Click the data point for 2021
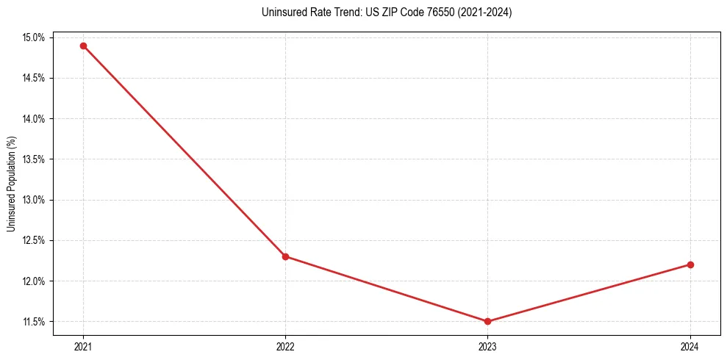pos(83,46)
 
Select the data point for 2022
pos(285,256)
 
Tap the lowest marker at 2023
pos(487,321)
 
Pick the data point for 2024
pos(690,264)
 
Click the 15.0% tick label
pos(35,37)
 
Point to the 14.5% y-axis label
pos(35,78)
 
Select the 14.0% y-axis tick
pos(35,118)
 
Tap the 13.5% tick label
pos(35,159)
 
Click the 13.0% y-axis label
pos(35,200)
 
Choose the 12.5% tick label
pos(35,240)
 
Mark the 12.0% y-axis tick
pos(35,281)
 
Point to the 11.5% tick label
pos(35,322)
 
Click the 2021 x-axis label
pos(83,346)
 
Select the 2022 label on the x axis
pos(285,346)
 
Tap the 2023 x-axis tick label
pos(487,346)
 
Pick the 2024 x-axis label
pos(690,346)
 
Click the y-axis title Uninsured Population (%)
pos(11,184)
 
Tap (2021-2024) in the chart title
pos(485,12)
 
